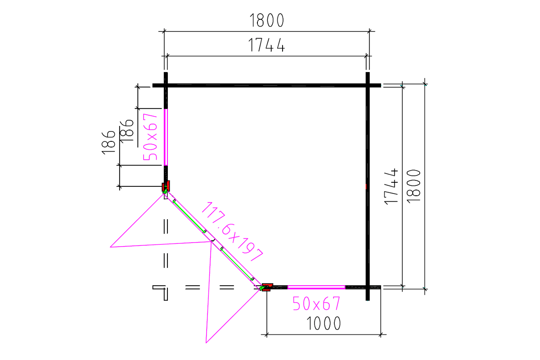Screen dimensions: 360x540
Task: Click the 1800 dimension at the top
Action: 266,20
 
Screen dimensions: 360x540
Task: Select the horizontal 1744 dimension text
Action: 266,45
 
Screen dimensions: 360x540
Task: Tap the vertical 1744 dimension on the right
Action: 391,186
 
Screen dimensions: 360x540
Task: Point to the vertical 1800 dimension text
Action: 413,185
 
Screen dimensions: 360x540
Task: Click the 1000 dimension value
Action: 323,323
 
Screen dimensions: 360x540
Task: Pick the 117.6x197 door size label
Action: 232,232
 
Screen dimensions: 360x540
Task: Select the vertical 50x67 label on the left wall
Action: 150,137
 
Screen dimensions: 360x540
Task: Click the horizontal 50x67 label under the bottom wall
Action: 316,304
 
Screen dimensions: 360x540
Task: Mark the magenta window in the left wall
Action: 166,137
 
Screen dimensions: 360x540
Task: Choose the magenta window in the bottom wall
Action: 316,287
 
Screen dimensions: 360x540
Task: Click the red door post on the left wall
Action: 166,186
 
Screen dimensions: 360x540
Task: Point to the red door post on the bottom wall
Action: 267,287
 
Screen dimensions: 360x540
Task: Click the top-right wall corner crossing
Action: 368,85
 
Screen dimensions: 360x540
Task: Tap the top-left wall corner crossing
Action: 166,85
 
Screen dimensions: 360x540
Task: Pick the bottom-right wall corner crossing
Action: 368,287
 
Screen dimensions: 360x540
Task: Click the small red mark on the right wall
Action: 367,186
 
